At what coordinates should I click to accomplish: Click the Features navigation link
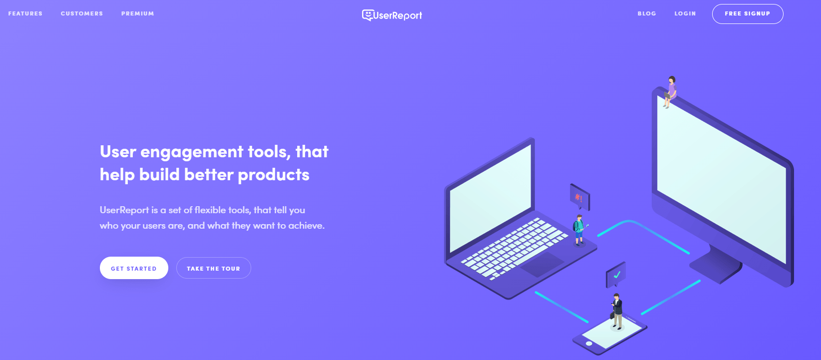point(25,13)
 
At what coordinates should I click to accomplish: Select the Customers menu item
point(82,13)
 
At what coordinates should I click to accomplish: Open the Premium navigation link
point(137,13)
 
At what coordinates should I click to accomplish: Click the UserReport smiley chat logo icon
point(367,15)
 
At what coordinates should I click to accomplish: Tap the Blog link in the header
point(647,13)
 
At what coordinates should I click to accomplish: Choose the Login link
point(685,13)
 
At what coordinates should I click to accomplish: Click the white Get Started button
point(134,268)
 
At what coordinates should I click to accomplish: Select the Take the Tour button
point(213,268)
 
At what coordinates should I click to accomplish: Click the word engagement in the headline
point(192,152)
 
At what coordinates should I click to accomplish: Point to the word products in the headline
point(274,175)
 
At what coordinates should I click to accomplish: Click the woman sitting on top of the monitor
point(670,92)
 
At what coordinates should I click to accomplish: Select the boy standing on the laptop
point(579,230)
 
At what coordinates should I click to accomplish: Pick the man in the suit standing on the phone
point(617,311)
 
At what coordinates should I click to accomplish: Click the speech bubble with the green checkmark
point(616,275)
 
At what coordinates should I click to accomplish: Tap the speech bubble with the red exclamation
point(580,197)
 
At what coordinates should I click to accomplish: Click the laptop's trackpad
point(542,264)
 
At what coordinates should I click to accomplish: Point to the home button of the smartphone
point(589,344)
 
